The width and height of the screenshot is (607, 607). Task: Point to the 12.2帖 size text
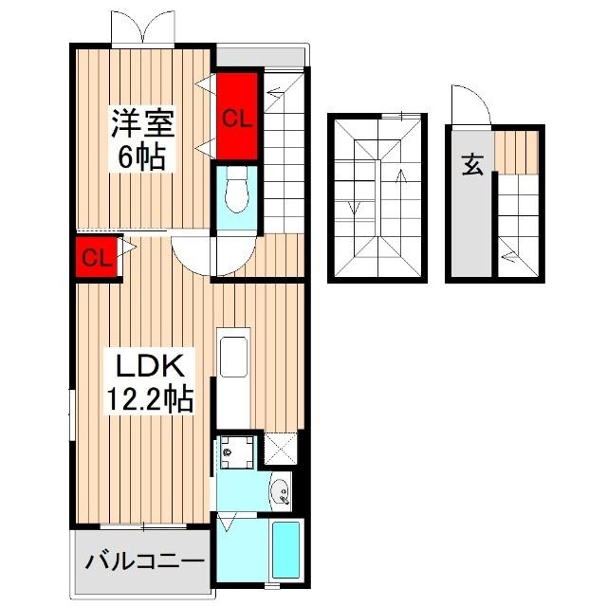149,398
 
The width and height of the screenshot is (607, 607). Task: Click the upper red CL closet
237,118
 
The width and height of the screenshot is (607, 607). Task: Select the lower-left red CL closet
97,258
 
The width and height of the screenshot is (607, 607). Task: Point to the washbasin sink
278,490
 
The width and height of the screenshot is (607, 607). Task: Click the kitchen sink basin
232,360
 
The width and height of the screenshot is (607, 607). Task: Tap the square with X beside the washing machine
281,448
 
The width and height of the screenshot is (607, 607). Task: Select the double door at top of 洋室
142,27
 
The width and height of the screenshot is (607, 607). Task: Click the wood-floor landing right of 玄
518,152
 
